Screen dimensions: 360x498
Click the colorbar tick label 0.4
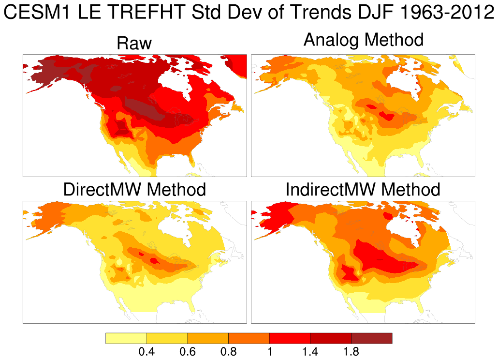point(146,352)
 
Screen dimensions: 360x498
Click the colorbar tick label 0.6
point(187,352)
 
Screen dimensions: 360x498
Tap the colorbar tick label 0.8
point(228,352)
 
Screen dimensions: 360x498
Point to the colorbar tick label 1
point(269,352)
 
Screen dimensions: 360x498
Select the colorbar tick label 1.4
point(310,352)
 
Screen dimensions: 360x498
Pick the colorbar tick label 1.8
point(351,352)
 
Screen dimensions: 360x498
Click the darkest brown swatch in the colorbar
point(371,338)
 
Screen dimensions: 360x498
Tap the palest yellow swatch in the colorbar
point(126,338)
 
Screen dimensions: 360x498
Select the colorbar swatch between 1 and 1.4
point(290,338)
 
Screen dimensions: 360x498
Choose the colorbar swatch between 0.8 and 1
point(249,338)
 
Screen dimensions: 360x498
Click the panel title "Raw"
point(134,44)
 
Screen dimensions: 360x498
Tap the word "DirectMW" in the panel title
point(103,189)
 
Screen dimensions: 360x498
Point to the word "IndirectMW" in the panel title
point(331,189)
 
